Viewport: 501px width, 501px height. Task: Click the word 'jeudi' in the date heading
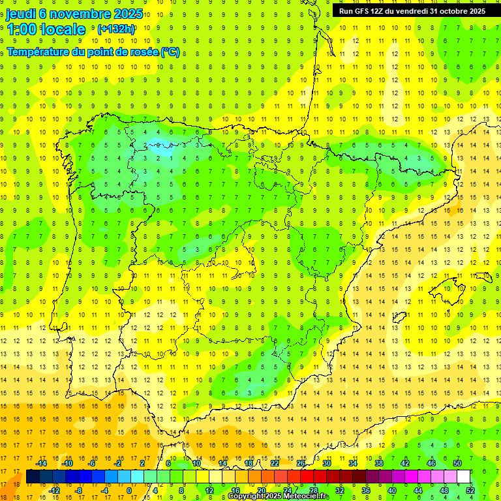21,14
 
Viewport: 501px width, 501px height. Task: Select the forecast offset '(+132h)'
115,29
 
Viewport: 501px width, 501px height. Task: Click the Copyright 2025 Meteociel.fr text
279,496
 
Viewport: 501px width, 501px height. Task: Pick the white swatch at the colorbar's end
464,477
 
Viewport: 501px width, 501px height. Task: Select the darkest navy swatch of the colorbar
33,477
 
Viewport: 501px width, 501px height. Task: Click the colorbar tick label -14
44,463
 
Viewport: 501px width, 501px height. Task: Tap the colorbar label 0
129,491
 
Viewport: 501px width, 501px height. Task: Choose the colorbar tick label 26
301,463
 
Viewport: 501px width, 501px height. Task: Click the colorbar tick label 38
379,463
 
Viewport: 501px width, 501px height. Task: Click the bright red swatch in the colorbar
307,477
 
